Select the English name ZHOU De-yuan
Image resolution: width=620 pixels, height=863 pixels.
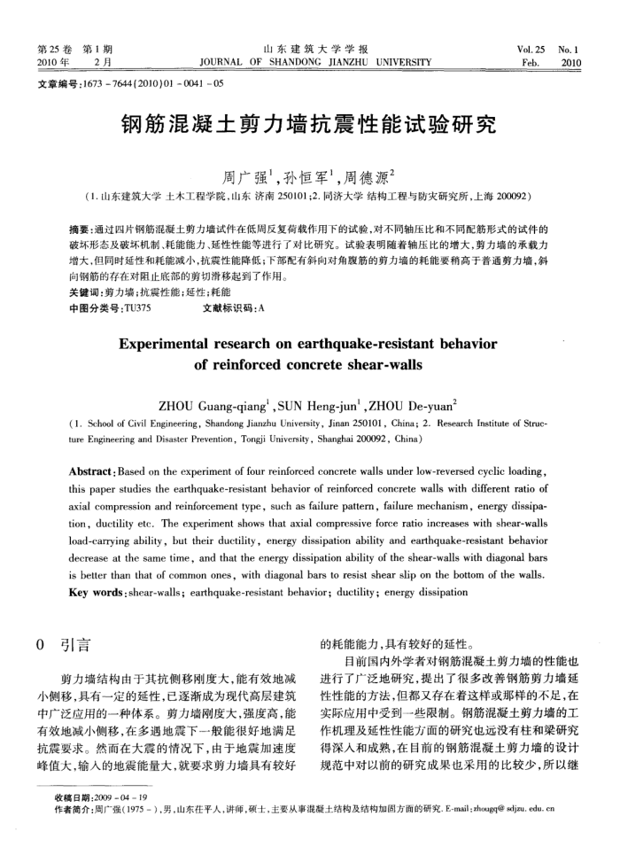point(417,406)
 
